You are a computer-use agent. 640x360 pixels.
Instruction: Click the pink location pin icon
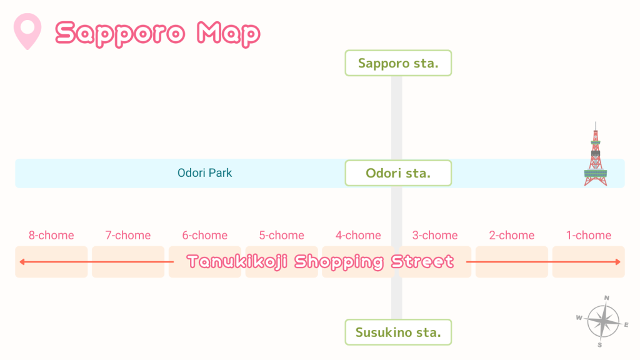27,31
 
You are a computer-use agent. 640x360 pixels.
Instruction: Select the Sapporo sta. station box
398,63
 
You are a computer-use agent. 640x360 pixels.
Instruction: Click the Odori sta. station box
398,173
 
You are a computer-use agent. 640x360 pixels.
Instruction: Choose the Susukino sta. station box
398,332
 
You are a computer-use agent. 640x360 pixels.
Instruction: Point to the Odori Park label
205,173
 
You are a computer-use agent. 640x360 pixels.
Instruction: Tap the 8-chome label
51,236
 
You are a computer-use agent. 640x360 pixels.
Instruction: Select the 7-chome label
128,236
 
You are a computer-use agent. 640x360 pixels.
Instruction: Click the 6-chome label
205,236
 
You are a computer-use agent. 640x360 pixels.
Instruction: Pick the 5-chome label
282,236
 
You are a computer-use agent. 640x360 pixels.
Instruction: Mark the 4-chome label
358,236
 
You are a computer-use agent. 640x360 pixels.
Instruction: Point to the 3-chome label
435,236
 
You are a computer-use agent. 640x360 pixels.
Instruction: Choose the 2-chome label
512,236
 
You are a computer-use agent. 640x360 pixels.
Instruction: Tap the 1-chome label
589,236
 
